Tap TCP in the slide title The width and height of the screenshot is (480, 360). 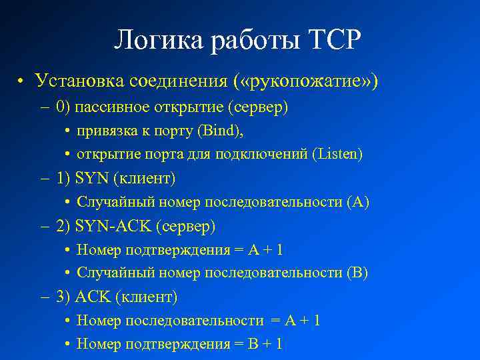333,41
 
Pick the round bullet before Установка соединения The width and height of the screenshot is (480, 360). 21,82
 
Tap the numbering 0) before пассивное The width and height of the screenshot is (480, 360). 64,107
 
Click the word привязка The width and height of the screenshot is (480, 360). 104,131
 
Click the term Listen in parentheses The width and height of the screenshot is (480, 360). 337,155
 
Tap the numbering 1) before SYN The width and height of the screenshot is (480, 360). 64,179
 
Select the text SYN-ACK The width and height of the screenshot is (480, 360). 113,227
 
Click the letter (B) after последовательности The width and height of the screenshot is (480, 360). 357,273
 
